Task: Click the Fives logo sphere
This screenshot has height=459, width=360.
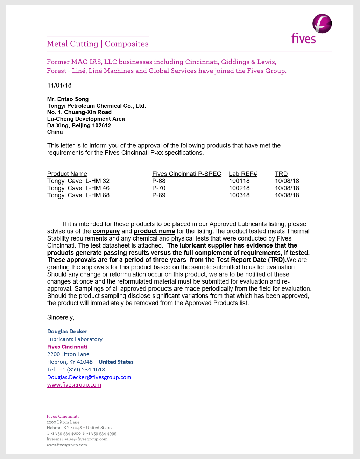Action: (322, 24)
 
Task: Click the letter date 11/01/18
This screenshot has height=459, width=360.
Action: (59, 85)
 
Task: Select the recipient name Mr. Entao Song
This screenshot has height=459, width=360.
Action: (68, 99)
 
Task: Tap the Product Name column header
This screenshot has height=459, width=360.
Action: (67, 174)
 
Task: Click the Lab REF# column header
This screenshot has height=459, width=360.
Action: (243, 174)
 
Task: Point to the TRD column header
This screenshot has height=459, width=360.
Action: (281, 174)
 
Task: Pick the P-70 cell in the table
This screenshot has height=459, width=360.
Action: (159, 188)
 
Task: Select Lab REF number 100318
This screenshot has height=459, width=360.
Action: (239, 195)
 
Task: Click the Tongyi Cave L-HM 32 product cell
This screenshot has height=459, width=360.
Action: (78, 181)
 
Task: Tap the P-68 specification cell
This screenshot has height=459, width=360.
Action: (159, 181)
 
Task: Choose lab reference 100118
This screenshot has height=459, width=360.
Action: (239, 181)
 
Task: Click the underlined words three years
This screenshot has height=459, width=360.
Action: (169, 260)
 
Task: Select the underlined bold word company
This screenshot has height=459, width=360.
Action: (106, 231)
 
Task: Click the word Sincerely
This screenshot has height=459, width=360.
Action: (61, 318)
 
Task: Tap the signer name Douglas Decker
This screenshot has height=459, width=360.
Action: (67, 331)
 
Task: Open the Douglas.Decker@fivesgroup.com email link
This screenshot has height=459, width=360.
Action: (89, 377)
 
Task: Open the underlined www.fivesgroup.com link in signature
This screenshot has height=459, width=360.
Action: (74, 384)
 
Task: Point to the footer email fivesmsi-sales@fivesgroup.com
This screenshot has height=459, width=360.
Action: (77, 439)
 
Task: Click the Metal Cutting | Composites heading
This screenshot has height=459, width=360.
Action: (98, 44)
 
